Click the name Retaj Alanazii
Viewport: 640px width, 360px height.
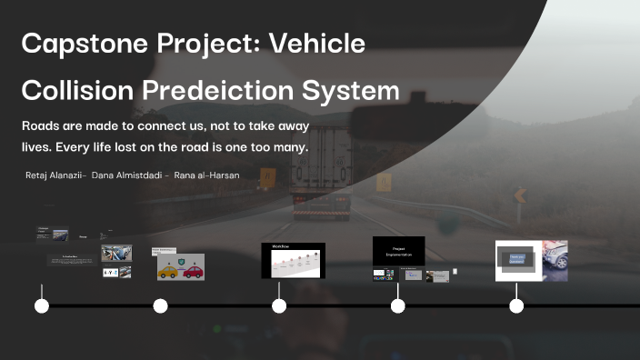(56, 175)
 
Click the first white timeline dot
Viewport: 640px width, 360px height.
(42, 305)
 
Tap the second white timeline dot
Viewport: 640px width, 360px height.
(161, 305)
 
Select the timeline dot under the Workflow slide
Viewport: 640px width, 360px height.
(279, 305)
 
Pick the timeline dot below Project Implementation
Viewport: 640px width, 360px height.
(398, 305)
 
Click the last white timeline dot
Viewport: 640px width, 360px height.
(516, 305)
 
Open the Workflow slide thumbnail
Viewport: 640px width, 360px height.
(293, 260)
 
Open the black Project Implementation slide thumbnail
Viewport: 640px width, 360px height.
(398, 250)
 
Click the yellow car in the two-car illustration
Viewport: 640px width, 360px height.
(168, 270)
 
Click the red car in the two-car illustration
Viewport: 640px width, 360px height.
(192, 270)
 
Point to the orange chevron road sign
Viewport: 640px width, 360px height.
(520, 195)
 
